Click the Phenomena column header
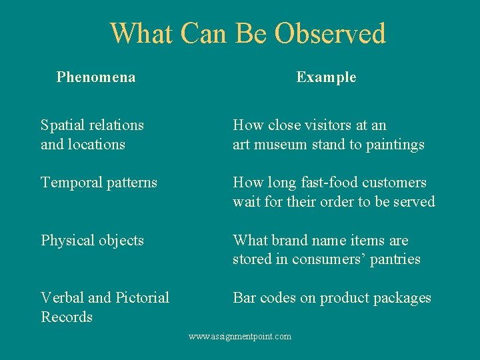[96, 77]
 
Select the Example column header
[326, 77]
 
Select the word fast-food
[325, 183]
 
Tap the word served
[414, 201]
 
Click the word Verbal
[62, 298]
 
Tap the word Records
[67, 317]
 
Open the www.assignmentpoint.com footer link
[240, 337]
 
